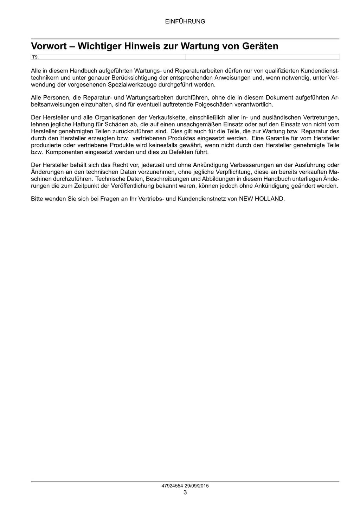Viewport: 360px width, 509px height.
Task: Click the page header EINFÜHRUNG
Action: point(185,21)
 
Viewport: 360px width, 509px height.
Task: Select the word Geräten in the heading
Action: point(261,46)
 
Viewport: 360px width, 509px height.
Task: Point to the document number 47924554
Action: point(172,486)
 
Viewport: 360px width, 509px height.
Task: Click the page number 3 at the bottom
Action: point(185,492)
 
